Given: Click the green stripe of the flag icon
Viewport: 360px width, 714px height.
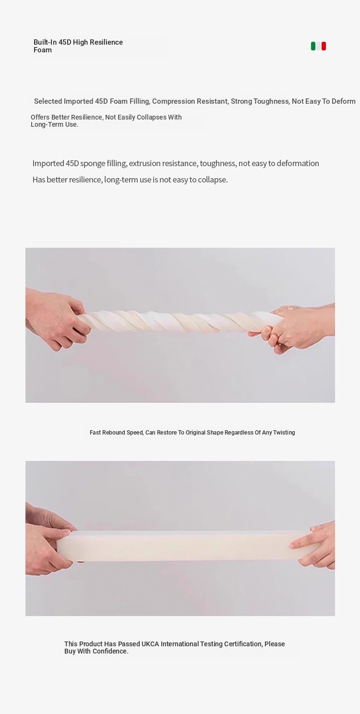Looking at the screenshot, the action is coord(313,46).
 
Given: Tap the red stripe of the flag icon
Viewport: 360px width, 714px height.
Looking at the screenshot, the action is coord(324,46).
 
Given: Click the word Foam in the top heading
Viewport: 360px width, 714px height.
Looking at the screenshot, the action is coord(43,50).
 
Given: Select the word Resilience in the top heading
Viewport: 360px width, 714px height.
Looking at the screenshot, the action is coord(106,42).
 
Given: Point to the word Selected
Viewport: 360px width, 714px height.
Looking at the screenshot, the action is coord(48,101).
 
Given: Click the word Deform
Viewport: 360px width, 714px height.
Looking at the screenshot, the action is coord(343,101).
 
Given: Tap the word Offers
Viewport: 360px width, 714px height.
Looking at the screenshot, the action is coord(40,117).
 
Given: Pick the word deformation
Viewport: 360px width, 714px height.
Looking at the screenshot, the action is coord(298,163).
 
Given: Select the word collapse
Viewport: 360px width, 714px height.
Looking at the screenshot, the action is coord(213,180).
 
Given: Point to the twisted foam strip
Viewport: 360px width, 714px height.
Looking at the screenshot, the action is coord(180,321).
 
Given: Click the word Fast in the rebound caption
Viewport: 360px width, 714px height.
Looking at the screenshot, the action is coord(95,433).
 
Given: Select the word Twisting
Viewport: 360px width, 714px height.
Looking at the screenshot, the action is coord(284,433).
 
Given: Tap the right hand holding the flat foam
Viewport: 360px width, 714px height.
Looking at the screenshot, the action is coord(314,545).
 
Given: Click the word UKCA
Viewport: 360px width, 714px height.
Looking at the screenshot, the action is coord(150,644).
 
